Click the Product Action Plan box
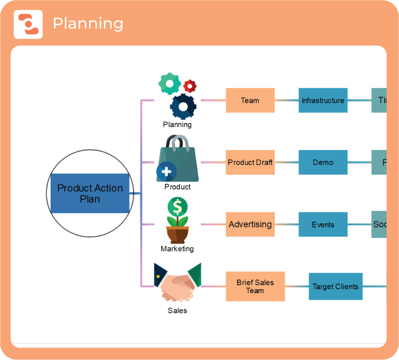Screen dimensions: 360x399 point(90,194)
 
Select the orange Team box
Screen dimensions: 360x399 point(250,101)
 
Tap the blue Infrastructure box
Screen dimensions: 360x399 point(323,101)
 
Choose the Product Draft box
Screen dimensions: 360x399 point(250,163)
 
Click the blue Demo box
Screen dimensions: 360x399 point(323,163)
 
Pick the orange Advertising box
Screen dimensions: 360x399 point(250,225)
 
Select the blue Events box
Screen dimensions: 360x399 point(323,225)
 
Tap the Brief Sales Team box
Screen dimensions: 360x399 point(255,286)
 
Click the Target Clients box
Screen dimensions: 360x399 point(335,286)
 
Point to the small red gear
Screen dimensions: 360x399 point(190,86)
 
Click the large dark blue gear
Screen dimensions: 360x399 point(183,107)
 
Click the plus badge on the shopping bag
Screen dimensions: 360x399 point(166,170)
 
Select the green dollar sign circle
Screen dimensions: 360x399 point(177,206)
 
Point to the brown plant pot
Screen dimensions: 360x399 point(177,234)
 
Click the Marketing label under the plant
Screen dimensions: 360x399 point(177,249)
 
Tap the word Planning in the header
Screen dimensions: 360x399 point(88,24)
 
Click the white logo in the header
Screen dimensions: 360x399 point(28,24)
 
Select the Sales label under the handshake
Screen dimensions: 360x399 point(177,310)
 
